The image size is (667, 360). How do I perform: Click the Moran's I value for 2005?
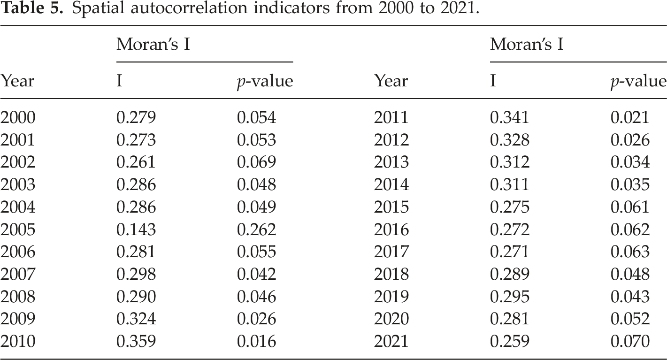(x=136, y=229)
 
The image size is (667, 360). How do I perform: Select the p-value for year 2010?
(x=256, y=341)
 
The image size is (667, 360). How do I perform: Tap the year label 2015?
(x=391, y=207)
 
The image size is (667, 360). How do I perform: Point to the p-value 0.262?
(x=256, y=229)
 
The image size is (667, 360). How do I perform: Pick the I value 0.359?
(x=136, y=341)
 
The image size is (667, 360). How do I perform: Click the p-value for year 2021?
(x=630, y=341)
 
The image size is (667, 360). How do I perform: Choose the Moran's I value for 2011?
(x=509, y=117)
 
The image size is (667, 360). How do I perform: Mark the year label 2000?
(x=18, y=117)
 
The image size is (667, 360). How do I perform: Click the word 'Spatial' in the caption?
(x=98, y=8)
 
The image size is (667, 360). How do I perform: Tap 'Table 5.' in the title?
(x=32, y=8)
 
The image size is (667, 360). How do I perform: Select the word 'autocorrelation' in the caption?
(x=189, y=8)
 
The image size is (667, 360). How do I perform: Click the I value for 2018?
(x=509, y=274)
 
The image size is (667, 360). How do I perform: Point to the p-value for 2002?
(x=256, y=162)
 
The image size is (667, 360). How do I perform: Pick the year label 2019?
(x=391, y=297)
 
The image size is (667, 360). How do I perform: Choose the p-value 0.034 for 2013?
(x=630, y=162)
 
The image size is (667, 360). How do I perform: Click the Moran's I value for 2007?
(x=136, y=274)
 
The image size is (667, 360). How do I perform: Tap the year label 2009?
(x=18, y=319)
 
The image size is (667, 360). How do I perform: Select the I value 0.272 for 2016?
(x=509, y=229)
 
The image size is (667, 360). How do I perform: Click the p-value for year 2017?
(x=630, y=252)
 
